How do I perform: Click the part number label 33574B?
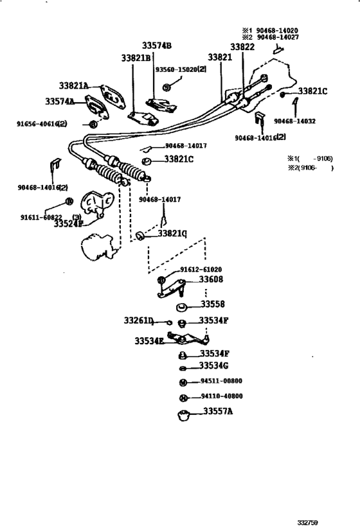[x=157, y=46]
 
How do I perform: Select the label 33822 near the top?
[x=242, y=47]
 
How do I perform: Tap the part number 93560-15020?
[x=184, y=69]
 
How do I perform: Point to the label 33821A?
[x=74, y=85]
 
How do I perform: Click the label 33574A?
[x=60, y=101]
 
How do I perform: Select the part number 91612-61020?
[x=201, y=270]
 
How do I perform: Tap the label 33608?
[x=210, y=280]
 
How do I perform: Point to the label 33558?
[x=212, y=304]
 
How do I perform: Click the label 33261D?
[x=139, y=320]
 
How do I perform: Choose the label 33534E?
[x=150, y=341]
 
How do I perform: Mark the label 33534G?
[x=214, y=365]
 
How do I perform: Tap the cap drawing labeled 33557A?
[x=183, y=415]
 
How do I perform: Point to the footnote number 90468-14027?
[x=278, y=38]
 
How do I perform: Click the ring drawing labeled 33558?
[x=182, y=306]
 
